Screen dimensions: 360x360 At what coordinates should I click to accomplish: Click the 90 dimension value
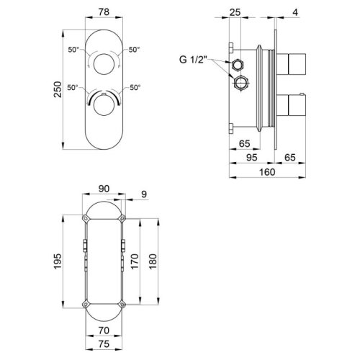click(104, 189)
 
